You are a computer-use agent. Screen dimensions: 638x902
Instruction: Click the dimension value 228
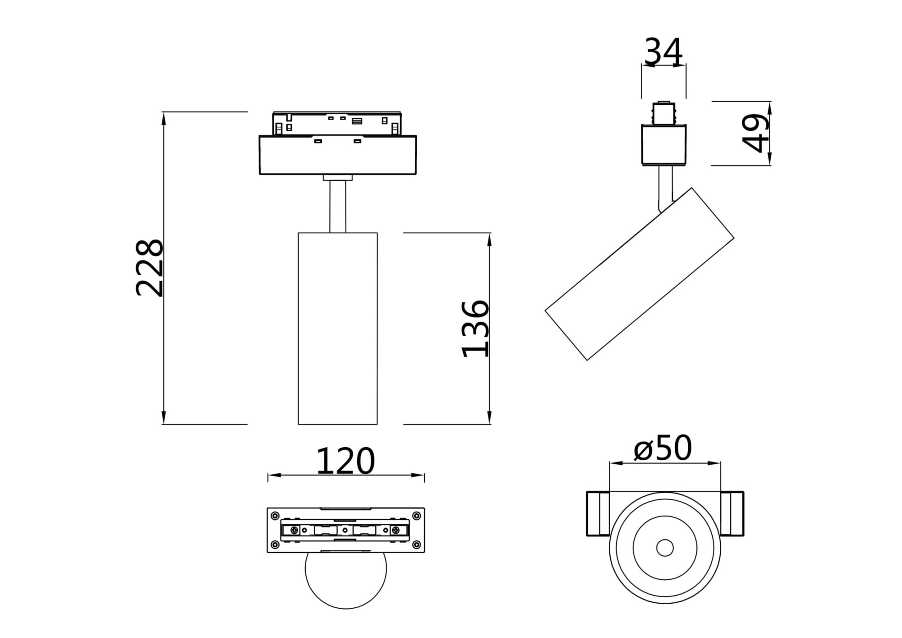tap(149, 268)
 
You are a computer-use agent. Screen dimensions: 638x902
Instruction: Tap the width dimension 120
tap(345, 461)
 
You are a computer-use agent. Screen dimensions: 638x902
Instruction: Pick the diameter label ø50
tap(663, 448)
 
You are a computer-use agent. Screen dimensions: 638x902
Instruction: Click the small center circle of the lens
tap(665, 548)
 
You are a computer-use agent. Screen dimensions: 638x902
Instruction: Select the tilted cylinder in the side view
tap(639, 274)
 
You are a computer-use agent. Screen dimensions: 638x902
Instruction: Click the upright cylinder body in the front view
tap(337, 328)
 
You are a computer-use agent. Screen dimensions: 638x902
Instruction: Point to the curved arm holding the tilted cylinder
tap(665, 190)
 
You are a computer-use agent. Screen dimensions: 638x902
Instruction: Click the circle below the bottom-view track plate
tap(345, 580)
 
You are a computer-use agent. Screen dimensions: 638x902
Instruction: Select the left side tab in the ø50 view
tap(598, 513)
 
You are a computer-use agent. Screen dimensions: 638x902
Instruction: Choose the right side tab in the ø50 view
tap(732, 513)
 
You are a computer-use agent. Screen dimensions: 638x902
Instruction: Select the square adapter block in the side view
tap(663, 144)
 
